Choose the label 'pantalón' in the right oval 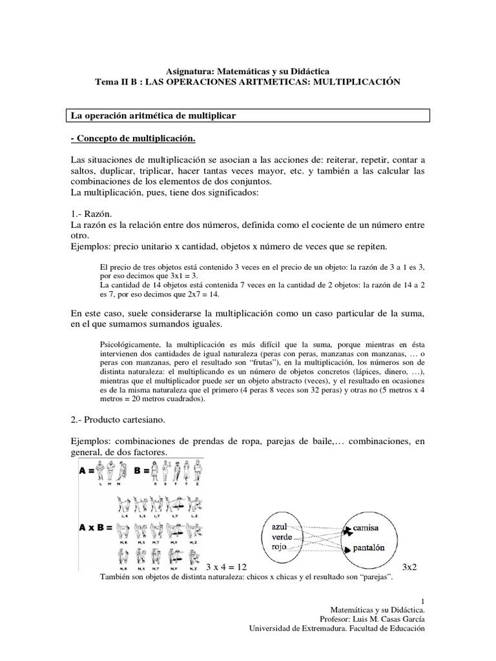[x=371, y=548]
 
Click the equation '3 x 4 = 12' [x=227, y=567]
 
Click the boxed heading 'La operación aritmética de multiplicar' [x=154, y=116]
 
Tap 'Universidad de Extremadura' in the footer [x=296, y=628]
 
